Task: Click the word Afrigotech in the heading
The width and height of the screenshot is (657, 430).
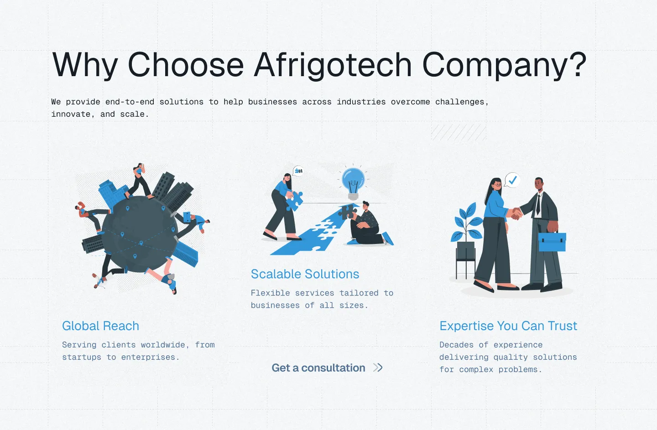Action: pyautogui.click(x=333, y=65)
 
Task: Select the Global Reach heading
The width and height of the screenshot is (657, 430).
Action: pyautogui.click(x=100, y=326)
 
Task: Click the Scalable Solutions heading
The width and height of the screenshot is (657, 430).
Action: pyautogui.click(x=305, y=274)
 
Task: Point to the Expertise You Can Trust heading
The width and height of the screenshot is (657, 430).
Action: pyautogui.click(x=508, y=326)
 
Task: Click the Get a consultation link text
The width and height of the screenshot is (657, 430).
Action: pyautogui.click(x=318, y=368)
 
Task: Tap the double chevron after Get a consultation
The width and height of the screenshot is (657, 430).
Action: pyautogui.click(x=378, y=368)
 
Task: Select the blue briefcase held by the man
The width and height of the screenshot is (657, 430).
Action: pyautogui.click(x=552, y=241)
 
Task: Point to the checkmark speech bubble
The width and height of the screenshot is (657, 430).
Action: pyautogui.click(x=512, y=180)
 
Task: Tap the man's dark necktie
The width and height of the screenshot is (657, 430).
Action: pyautogui.click(x=538, y=204)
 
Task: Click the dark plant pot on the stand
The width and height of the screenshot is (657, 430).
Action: pyautogui.click(x=466, y=250)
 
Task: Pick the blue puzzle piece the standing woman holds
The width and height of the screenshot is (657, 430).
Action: pyautogui.click(x=294, y=201)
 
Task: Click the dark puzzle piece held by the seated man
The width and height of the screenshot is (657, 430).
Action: pyautogui.click(x=348, y=212)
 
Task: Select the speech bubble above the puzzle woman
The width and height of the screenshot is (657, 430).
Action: pyautogui.click(x=298, y=171)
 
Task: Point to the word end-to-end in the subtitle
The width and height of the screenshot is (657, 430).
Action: pyautogui.click(x=130, y=102)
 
